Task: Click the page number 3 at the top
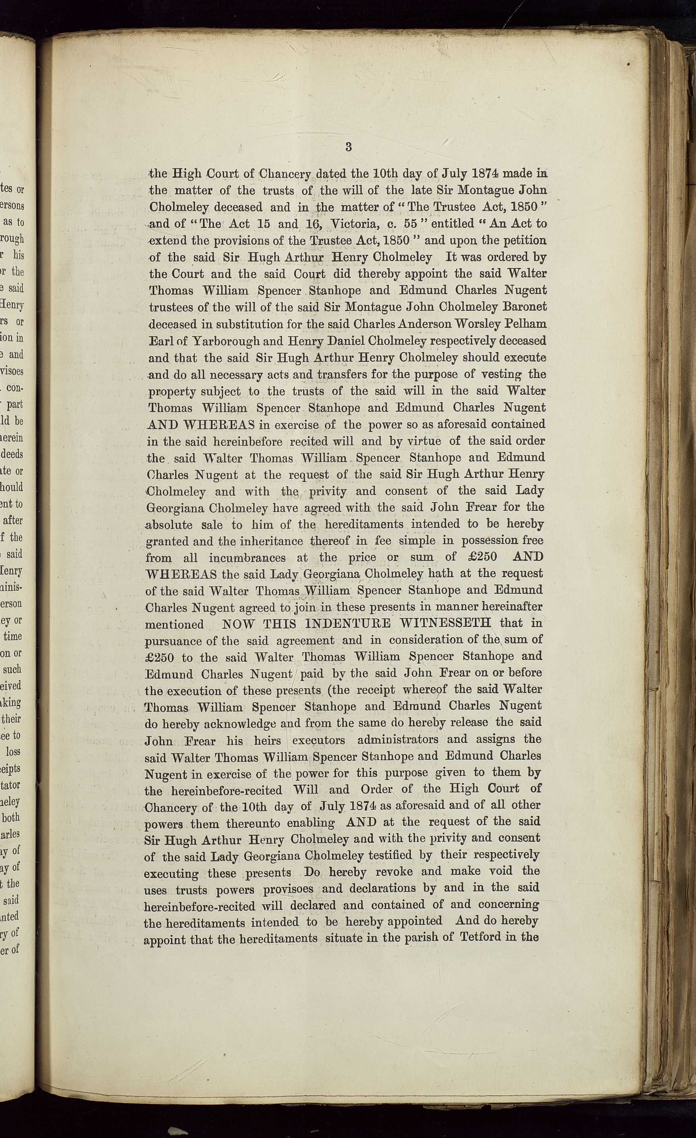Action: (349, 147)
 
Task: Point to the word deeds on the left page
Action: (12, 454)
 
